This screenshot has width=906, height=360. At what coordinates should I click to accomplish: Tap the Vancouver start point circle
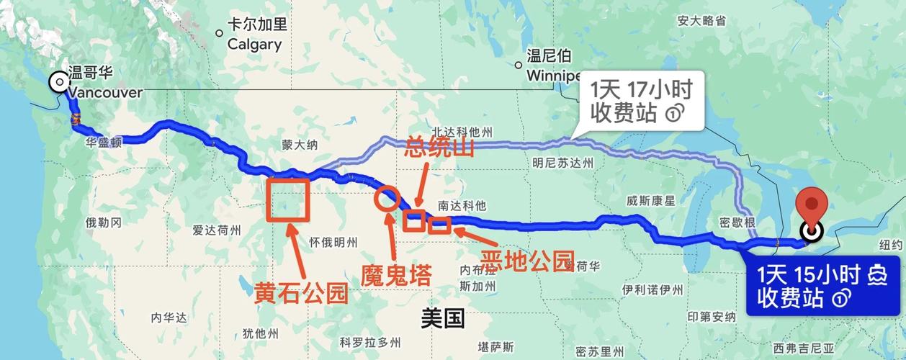pyautogui.click(x=58, y=82)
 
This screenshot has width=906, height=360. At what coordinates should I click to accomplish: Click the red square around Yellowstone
pyautogui.click(x=287, y=199)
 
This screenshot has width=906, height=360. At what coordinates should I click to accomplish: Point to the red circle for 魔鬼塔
pyautogui.click(x=386, y=198)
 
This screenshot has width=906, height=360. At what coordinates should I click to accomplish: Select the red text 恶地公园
pyautogui.click(x=528, y=261)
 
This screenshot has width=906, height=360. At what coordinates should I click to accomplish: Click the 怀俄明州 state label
pyautogui.click(x=333, y=241)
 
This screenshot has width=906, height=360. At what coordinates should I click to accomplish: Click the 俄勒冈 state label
pyautogui.click(x=103, y=222)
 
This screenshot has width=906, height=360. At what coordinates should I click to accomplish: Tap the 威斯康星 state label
pyautogui.click(x=650, y=199)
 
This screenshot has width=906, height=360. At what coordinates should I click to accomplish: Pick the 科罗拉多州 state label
pyautogui.click(x=370, y=341)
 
